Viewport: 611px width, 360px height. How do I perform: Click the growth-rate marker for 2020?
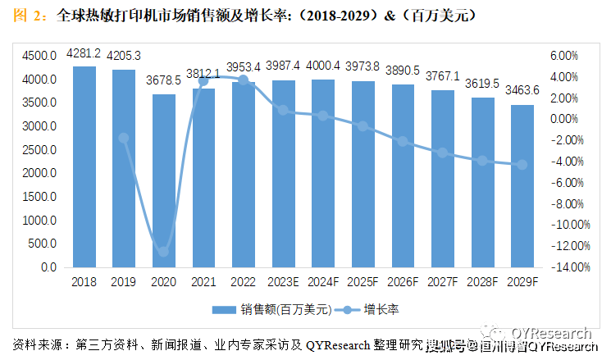pos(163,252)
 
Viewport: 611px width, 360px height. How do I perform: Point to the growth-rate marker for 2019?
pos(124,138)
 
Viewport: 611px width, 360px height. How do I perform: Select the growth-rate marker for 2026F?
pos(403,141)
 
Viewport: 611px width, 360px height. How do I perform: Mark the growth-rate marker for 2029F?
pos(522,165)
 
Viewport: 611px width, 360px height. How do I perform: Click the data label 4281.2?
pos(84,53)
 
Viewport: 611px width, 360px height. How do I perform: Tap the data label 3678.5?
pos(163,82)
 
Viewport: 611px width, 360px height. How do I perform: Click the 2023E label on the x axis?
pos(283,281)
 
